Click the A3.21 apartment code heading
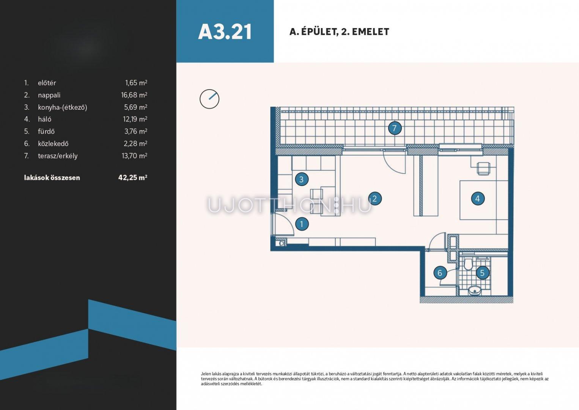click(225, 32)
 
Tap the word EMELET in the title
click(371, 32)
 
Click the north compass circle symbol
click(209, 99)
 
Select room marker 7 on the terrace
click(395, 128)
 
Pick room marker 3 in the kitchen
click(302, 179)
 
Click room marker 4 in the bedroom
click(478, 199)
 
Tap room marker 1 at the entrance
click(302, 224)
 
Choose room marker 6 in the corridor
click(440, 273)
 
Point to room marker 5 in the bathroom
click(482, 273)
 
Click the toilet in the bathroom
click(468, 263)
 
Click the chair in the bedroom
click(483, 169)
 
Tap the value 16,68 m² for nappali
click(134, 95)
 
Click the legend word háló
click(44, 119)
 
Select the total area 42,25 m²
click(133, 177)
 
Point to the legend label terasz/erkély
click(58, 156)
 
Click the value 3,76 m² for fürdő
click(136, 131)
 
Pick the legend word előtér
click(47, 83)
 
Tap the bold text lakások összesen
click(52, 178)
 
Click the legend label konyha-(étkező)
click(63, 107)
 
